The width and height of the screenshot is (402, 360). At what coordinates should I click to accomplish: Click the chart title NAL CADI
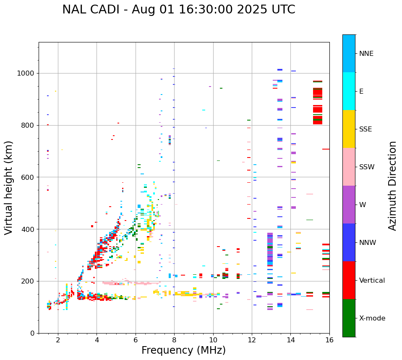tap(178, 10)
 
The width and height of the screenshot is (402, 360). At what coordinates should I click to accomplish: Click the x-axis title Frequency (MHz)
tap(183, 350)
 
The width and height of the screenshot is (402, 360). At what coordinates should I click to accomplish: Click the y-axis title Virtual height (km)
tap(9, 187)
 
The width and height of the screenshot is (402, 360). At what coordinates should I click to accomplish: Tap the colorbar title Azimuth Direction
tap(392, 186)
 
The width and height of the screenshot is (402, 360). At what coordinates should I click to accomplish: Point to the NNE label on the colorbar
tap(366, 54)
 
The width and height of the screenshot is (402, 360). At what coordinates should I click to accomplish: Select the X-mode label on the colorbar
tap(372, 318)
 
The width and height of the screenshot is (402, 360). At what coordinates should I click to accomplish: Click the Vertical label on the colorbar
tap(372, 281)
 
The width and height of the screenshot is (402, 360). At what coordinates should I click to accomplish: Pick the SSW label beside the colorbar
tap(367, 167)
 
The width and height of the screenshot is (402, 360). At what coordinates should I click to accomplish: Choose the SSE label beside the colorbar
tap(365, 129)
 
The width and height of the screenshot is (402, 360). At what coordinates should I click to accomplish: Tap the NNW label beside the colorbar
tap(368, 243)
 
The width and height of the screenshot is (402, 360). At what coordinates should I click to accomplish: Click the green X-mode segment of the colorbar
tap(349, 318)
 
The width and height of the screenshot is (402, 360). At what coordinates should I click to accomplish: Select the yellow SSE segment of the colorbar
tap(349, 129)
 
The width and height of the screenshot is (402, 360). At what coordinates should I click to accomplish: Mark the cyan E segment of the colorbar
tap(349, 91)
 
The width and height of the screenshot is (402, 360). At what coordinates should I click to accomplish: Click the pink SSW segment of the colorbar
tap(349, 167)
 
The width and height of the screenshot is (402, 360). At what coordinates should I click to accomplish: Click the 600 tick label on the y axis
tap(29, 177)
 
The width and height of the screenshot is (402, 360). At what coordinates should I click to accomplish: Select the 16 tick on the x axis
tap(329, 339)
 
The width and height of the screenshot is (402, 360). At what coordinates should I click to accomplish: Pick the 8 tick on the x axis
tap(174, 339)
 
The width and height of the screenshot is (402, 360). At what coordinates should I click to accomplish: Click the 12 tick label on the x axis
tap(252, 339)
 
